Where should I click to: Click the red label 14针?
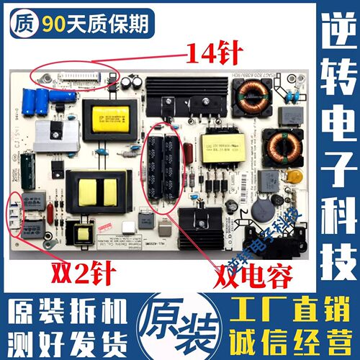coord(214,52)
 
